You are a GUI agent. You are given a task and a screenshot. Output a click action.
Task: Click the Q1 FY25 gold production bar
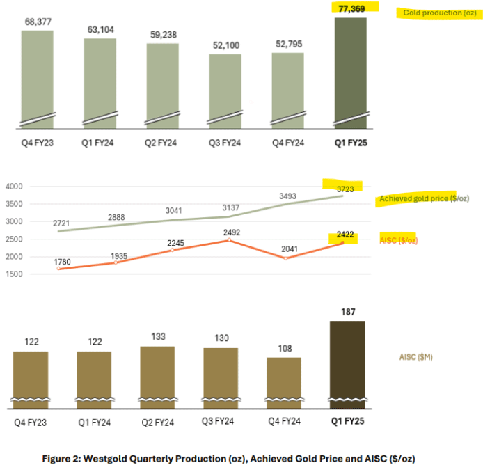[x=350, y=73]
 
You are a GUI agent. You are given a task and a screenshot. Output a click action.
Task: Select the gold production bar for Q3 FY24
[x=225, y=91]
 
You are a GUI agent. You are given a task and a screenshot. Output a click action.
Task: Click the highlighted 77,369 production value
[x=351, y=8]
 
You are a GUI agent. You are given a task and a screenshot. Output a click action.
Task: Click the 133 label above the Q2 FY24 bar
[x=159, y=337]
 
